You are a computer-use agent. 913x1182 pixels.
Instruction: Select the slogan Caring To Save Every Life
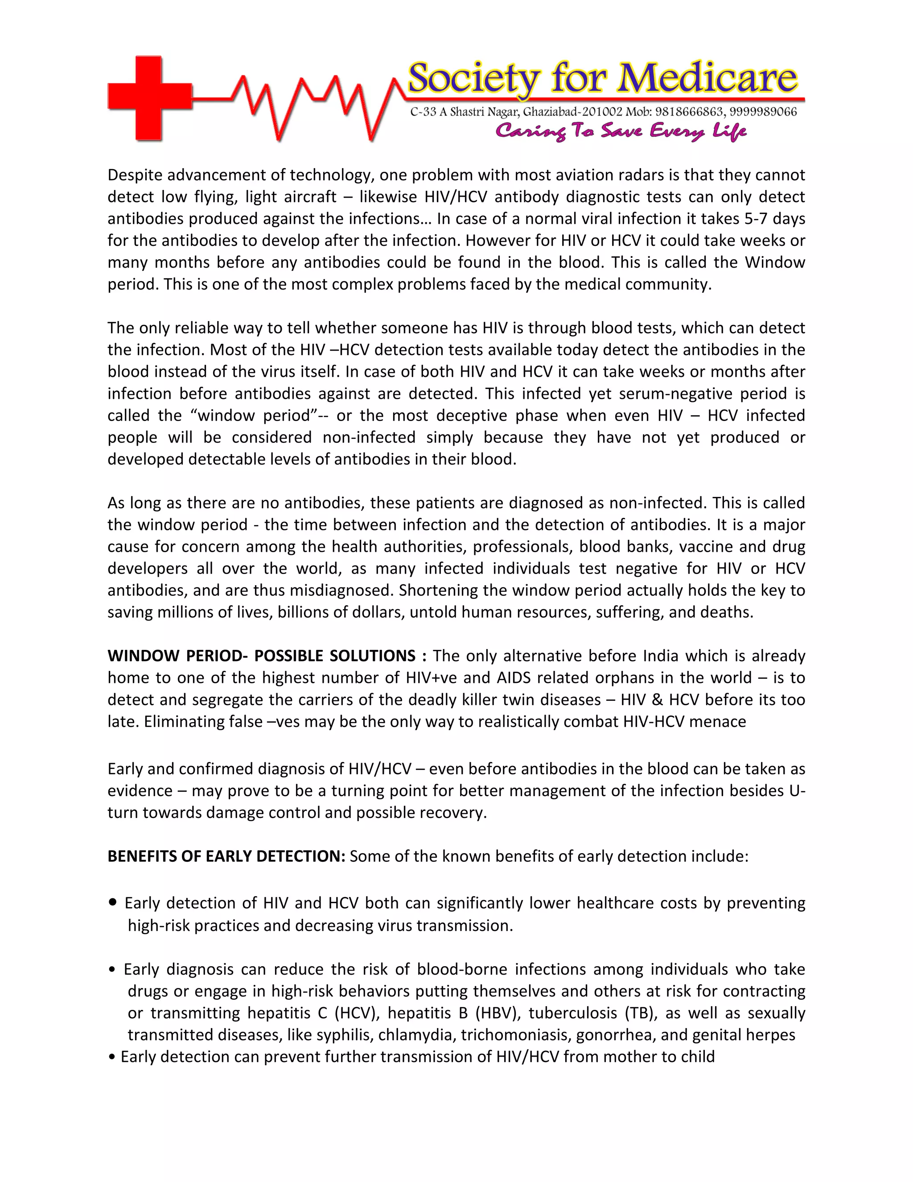[x=621, y=131]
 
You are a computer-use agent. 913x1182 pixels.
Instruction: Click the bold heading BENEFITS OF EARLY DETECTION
[x=226, y=856]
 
